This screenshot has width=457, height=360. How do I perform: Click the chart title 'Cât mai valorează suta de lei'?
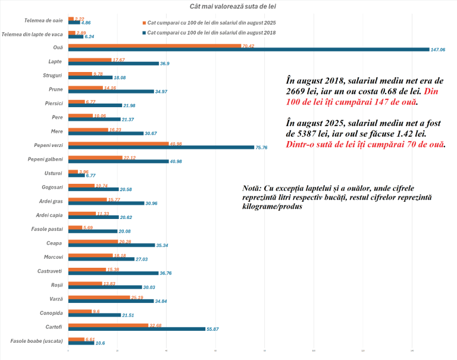click(x=233, y=7)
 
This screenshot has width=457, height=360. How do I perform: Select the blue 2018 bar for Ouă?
click(x=249, y=49)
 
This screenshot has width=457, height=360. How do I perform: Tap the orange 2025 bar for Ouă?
click(x=155, y=45)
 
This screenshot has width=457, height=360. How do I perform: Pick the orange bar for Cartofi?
click(x=108, y=325)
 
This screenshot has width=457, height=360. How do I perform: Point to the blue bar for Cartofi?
click(x=137, y=329)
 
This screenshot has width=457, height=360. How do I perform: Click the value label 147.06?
click(x=438, y=50)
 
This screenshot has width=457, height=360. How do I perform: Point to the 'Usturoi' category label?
click(x=53, y=174)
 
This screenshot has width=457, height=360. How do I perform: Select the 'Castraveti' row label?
click(x=49, y=271)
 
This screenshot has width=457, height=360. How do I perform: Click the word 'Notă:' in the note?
click(x=254, y=188)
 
